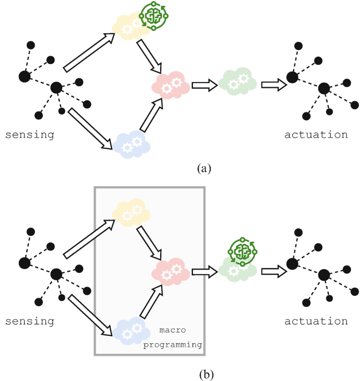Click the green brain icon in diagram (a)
[x=153, y=16]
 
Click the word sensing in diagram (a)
[x=29, y=135]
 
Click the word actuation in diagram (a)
[x=316, y=135]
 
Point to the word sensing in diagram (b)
[x=29, y=321]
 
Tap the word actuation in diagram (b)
[x=316, y=321]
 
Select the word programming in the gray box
[x=173, y=344]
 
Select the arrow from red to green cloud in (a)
[x=204, y=85]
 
